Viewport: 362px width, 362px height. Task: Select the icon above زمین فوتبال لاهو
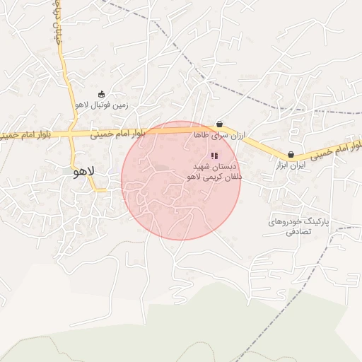(101, 94)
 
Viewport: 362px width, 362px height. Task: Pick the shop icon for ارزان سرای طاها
(219, 124)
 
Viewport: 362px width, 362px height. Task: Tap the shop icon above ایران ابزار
(291, 155)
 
